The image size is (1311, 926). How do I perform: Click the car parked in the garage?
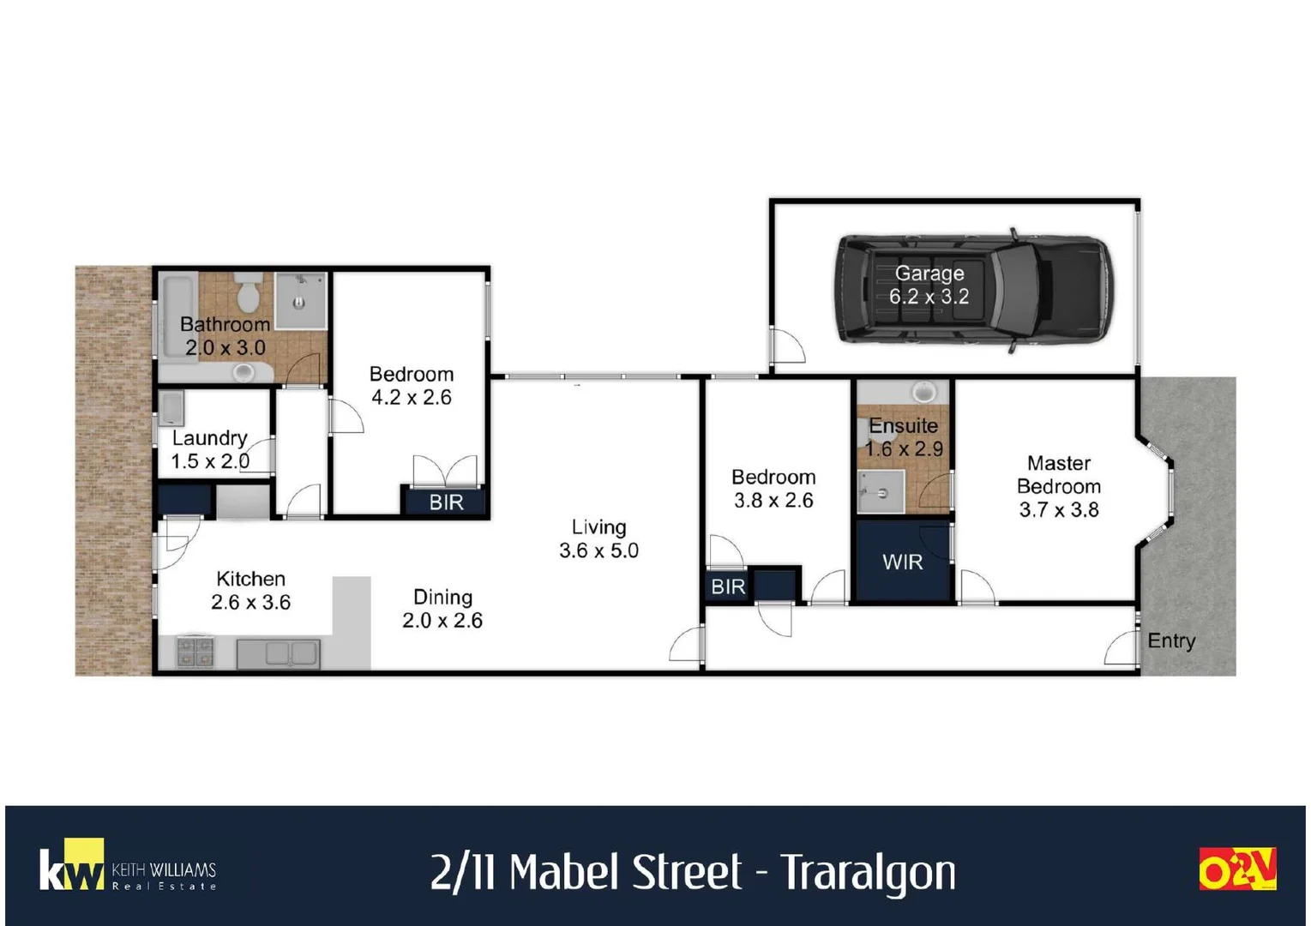[x=974, y=289]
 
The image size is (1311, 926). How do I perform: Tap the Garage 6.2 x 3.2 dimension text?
[x=929, y=297]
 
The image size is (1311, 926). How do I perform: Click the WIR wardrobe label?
[x=902, y=562]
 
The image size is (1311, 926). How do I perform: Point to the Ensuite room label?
[x=903, y=426]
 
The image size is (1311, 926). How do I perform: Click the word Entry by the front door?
[x=1170, y=640]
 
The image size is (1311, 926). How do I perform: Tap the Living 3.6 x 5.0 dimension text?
[x=598, y=550]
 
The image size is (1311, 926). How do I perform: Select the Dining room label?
[x=442, y=598]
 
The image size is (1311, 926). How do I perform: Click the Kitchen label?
[x=250, y=579]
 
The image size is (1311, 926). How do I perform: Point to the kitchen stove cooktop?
[x=195, y=652]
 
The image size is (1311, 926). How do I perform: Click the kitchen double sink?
[x=279, y=653]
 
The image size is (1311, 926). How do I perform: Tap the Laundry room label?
[x=209, y=438]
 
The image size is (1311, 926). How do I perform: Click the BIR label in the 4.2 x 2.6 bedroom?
[x=446, y=502]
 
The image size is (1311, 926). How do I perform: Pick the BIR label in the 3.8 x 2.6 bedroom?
[x=727, y=587]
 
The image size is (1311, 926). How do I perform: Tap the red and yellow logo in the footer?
[x=1236, y=869]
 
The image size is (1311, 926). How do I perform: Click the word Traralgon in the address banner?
[x=868, y=873]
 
